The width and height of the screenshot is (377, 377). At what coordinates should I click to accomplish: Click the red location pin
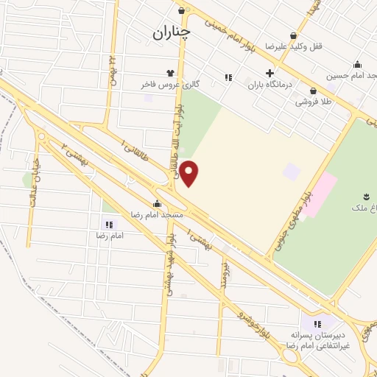point(189,173)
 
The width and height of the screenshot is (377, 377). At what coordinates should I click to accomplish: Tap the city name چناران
point(172,33)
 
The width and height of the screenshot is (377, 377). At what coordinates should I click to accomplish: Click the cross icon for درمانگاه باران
point(270,74)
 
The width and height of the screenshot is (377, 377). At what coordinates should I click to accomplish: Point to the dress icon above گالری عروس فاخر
point(171,73)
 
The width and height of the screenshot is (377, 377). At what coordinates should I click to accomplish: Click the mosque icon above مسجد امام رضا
point(156,203)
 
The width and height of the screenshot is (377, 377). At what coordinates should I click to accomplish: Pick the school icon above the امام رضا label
point(110,225)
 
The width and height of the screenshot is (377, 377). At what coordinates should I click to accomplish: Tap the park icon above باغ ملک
point(365,196)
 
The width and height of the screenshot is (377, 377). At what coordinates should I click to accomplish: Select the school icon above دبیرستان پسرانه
point(317,324)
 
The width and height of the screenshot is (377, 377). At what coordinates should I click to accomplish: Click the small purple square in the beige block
point(292,172)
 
